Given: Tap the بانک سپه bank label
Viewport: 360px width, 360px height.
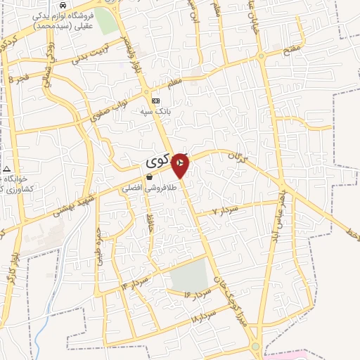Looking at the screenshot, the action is [156, 110].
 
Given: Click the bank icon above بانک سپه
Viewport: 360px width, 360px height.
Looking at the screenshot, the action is [155, 101].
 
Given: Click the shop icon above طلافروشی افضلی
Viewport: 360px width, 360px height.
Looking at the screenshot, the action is [149, 177].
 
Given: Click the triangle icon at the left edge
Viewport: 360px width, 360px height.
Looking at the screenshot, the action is [6, 169].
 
